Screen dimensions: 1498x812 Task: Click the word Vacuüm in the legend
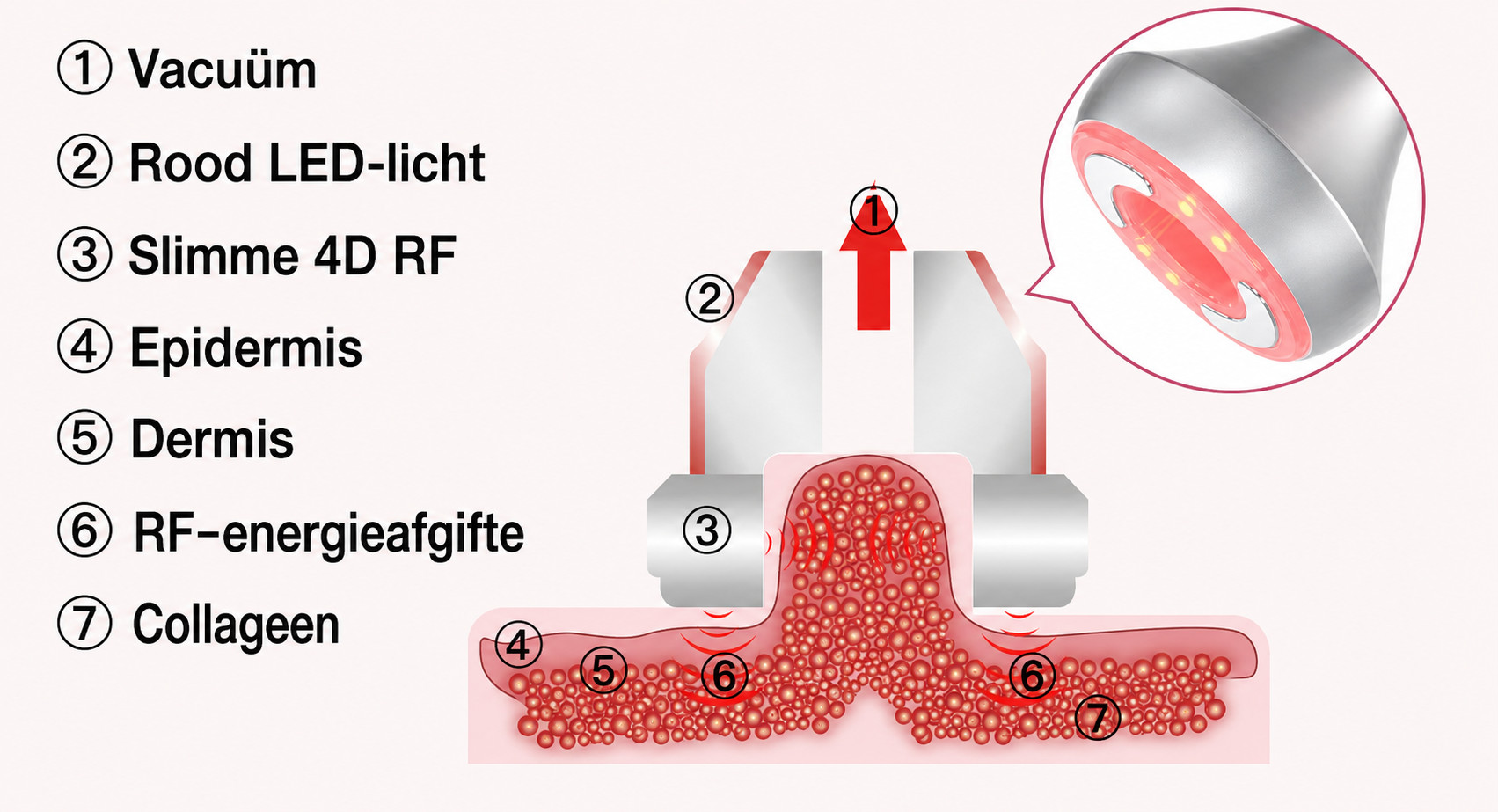[222, 69]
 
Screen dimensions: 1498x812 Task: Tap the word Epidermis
[246, 347]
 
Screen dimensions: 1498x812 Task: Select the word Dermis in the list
[212, 440]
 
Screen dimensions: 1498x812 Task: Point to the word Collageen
[236, 625]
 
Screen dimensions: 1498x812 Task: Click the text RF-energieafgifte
[329, 533]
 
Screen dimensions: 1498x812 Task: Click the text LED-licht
[376, 162]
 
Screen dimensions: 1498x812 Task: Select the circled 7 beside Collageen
[84, 623]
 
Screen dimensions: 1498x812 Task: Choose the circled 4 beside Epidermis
[84, 346]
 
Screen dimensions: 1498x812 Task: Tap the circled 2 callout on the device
[710, 298]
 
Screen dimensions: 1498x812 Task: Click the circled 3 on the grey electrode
[707, 531]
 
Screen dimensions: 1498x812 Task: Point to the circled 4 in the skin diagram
[518, 645]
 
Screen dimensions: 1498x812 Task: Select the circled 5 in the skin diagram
[604, 670]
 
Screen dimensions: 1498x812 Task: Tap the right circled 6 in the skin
[1031, 675]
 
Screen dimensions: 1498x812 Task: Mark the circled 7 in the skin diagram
[1098, 716]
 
